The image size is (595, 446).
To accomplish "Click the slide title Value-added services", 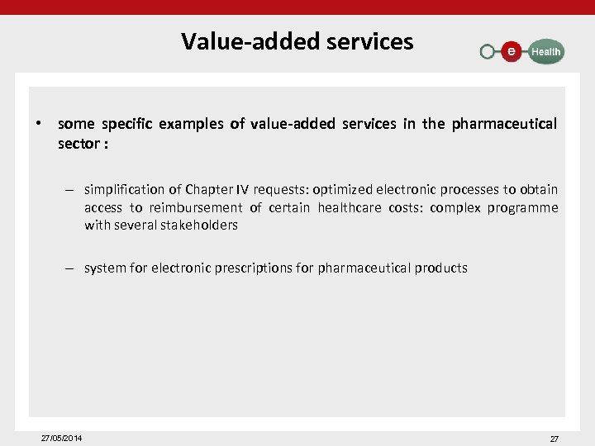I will point(297,40).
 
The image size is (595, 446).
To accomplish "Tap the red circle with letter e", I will point(512,51).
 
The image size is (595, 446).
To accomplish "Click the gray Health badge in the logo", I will point(545,51).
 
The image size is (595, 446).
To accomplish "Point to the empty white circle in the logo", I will point(488,51).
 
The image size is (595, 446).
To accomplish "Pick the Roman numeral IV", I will point(245,190).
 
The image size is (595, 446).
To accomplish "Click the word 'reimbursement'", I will point(197,207).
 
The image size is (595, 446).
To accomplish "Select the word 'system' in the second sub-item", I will point(103,268).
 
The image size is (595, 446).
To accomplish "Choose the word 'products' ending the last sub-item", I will point(440,268).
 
